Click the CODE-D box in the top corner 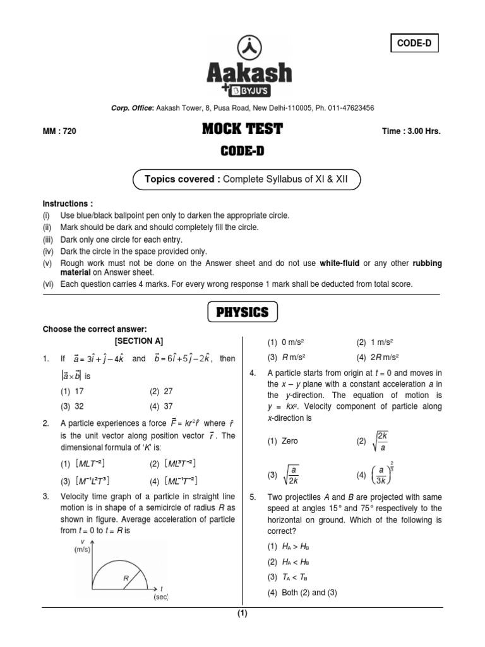[x=415, y=44]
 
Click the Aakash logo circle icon [x=249, y=48]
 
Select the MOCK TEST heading [x=242, y=130]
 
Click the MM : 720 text [x=59, y=131]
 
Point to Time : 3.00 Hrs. [x=411, y=131]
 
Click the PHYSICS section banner [x=242, y=311]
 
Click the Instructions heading [x=68, y=204]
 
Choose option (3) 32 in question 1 [x=73, y=406]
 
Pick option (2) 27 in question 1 [x=162, y=391]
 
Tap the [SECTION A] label [x=138, y=341]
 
